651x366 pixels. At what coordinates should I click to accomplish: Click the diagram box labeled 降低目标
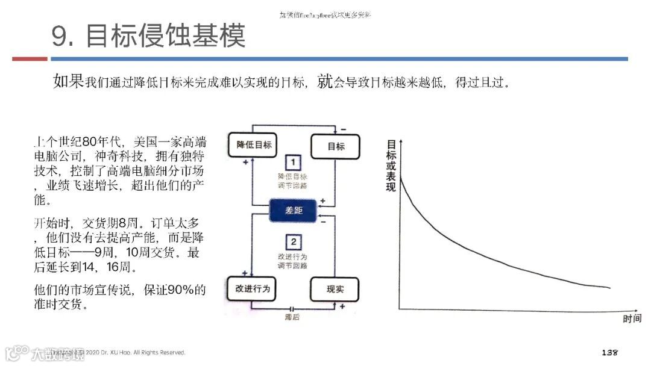click(254, 145)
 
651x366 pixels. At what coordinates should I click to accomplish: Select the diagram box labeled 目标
click(335, 146)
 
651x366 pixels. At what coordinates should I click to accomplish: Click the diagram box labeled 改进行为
click(251, 289)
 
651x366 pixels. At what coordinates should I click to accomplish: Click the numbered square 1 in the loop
click(293, 163)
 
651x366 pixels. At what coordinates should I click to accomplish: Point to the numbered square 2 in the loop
click(293, 243)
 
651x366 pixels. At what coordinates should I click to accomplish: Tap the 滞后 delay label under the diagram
click(293, 316)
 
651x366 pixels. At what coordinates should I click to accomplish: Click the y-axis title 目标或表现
click(391, 166)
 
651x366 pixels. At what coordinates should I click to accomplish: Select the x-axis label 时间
click(632, 318)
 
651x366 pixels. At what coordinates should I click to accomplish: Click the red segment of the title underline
click(30, 59)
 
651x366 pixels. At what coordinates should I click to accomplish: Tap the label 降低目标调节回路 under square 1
click(293, 181)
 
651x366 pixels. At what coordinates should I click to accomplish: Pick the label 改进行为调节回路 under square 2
click(293, 261)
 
